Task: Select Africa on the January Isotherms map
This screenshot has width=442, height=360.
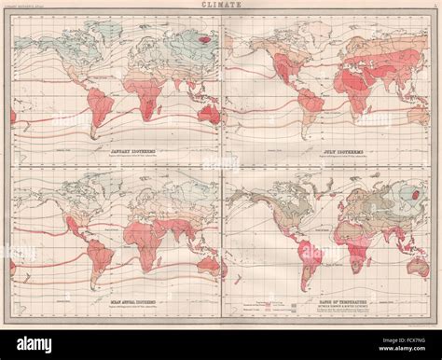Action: [x=131, y=93]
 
